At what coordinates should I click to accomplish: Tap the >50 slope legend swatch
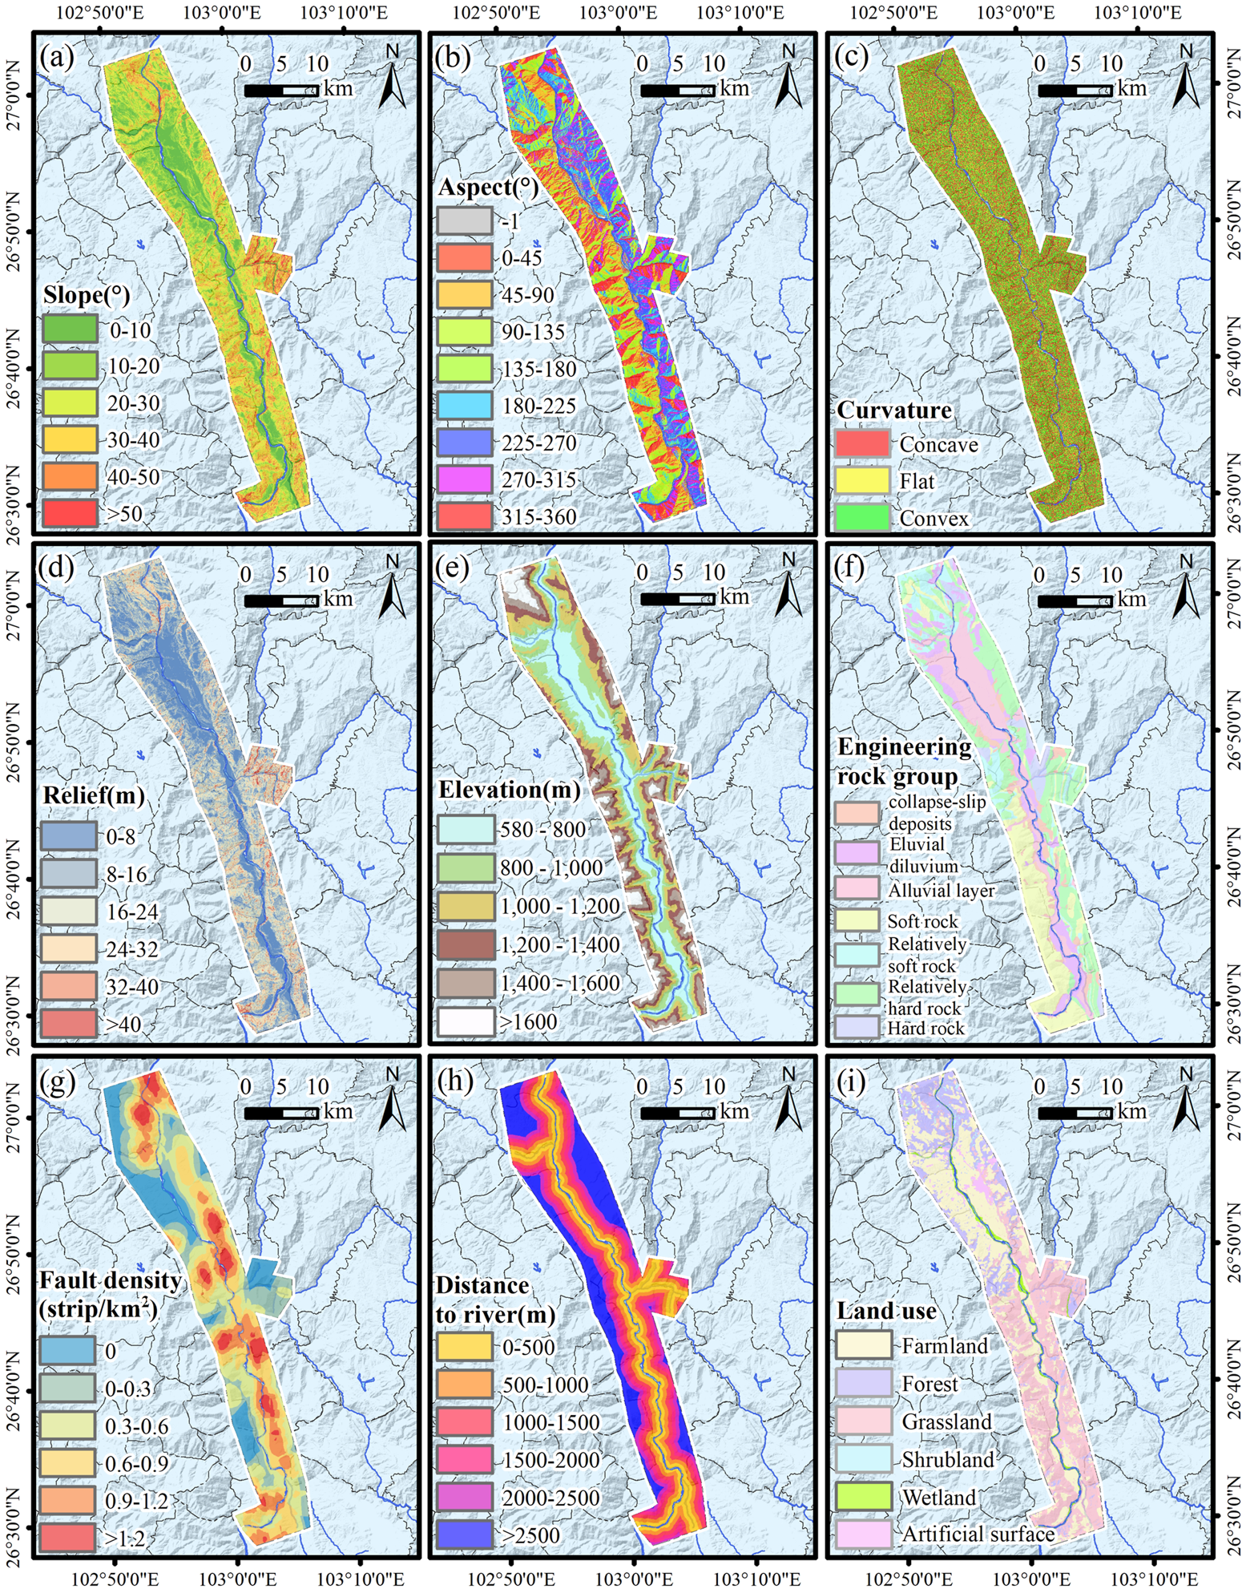pos(70,512)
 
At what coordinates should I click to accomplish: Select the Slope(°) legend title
pos(87,295)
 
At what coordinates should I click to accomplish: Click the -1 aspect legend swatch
pos(465,220)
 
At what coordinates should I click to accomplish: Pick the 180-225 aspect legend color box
pos(465,405)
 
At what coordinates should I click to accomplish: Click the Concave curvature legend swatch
pos(862,443)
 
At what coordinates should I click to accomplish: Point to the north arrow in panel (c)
pos(1186,77)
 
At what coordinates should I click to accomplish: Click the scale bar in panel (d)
pos(281,600)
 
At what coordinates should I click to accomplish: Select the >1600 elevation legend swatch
pos(465,1021)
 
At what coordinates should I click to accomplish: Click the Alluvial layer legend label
pos(942,890)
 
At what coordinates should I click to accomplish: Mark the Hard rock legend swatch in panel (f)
pos(857,1028)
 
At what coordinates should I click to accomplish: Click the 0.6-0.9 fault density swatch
pos(67,1463)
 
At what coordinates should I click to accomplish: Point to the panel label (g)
pos(56,1083)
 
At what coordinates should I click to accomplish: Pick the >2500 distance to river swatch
pos(465,1534)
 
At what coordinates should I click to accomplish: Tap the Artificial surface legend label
pos(978,1534)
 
